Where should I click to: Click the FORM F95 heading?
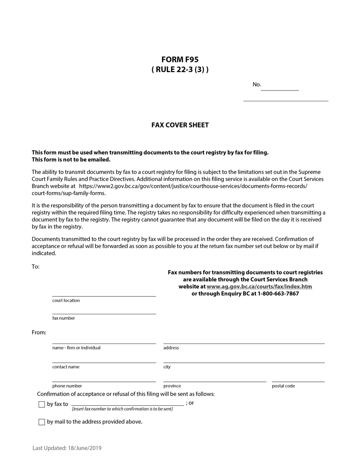(x=180, y=59)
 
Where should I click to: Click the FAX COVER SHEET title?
(x=180, y=125)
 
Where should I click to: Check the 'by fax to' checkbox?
(x=42, y=404)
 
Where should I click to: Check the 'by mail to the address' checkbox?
(x=42, y=422)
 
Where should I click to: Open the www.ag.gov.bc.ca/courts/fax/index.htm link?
(x=259, y=286)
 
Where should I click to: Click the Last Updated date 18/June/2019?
(x=85, y=448)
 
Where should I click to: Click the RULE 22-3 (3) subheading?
(x=180, y=70)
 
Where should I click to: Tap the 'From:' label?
(x=39, y=332)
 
